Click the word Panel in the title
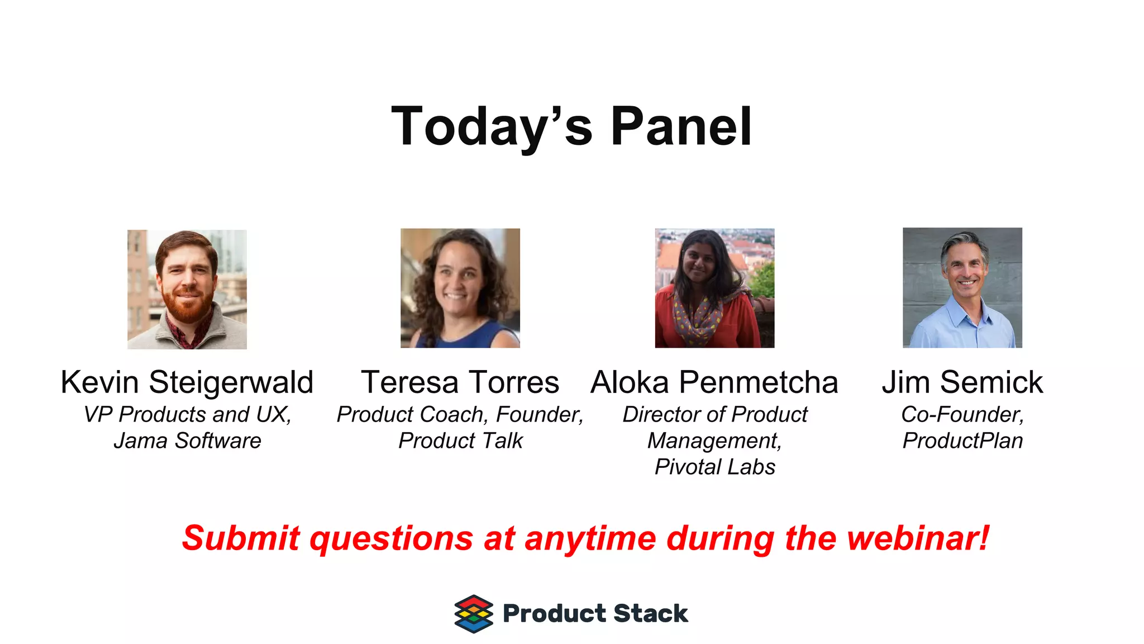681,127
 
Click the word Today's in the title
492,127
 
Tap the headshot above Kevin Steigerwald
187,290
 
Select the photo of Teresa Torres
460,288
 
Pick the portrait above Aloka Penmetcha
714,288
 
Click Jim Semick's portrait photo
962,288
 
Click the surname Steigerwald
231,383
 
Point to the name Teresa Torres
460,383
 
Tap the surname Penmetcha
759,383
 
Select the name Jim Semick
962,383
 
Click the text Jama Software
187,441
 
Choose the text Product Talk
460,441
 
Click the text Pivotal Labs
715,467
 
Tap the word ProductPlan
962,441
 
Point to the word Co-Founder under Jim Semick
962,415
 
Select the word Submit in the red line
241,538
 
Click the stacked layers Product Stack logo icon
474,614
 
